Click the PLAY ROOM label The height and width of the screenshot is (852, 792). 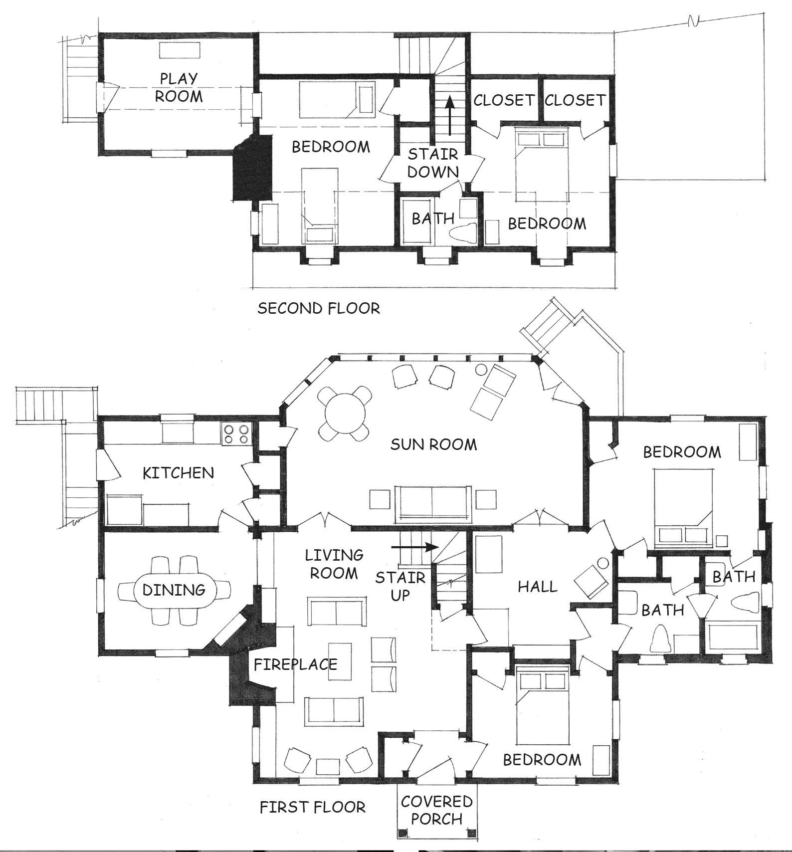[x=179, y=87]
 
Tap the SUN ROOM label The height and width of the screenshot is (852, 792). [x=433, y=444]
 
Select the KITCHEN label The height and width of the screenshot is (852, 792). [x=178, y=472]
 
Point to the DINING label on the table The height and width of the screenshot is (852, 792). [x=174, y=590]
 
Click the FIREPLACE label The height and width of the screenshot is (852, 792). [x=296, y=664]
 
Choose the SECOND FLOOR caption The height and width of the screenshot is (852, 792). [x=319, y=308]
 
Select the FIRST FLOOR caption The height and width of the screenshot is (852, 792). [x=313, y=807]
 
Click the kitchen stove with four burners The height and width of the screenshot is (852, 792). [x=236, y=433]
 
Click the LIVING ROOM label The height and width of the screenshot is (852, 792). [x=334, y=564]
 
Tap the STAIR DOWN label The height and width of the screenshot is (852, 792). [x=433, y=163]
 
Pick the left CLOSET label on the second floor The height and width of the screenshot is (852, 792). [x=504, y=100]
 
